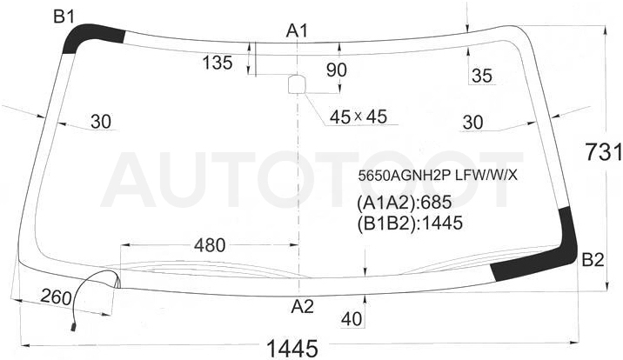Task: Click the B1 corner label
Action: [x=64, y=17]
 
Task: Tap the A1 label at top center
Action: [x=297, y=30]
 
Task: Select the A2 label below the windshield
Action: [x=302, y=306]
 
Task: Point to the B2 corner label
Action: [x=593, y=260]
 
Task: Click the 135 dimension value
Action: [x=218, y=63]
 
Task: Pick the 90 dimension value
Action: [x=336, y=70]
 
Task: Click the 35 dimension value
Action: [x=482, y=76]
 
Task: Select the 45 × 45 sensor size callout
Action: [x=358, y=117]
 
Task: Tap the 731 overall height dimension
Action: [x=604, y=152]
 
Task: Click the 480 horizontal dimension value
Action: [x=210, y=245]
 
